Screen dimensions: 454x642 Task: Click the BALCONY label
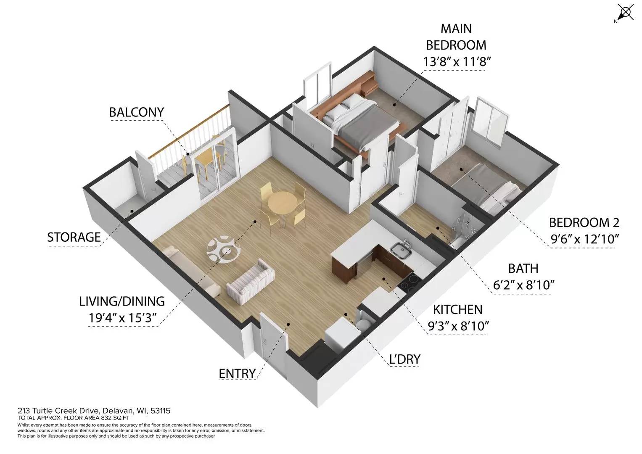click(136, 112)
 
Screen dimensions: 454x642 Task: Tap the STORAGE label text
click(74, 238)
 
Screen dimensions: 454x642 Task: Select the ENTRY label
click(237, 373)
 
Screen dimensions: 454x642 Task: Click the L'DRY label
click(405, 359)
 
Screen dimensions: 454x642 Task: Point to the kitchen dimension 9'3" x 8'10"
click(458, 326)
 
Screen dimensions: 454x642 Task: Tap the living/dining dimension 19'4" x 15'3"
click(122, 318)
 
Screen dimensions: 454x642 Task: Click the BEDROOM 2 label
click(584, 222)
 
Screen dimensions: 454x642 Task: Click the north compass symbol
click(625, 13)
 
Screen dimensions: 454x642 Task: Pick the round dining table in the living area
click(282, 203)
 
